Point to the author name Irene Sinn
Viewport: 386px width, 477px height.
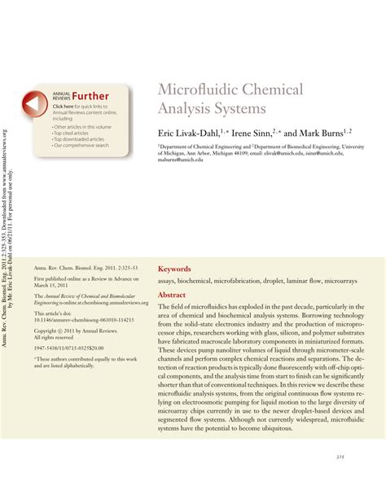(257, 132)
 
